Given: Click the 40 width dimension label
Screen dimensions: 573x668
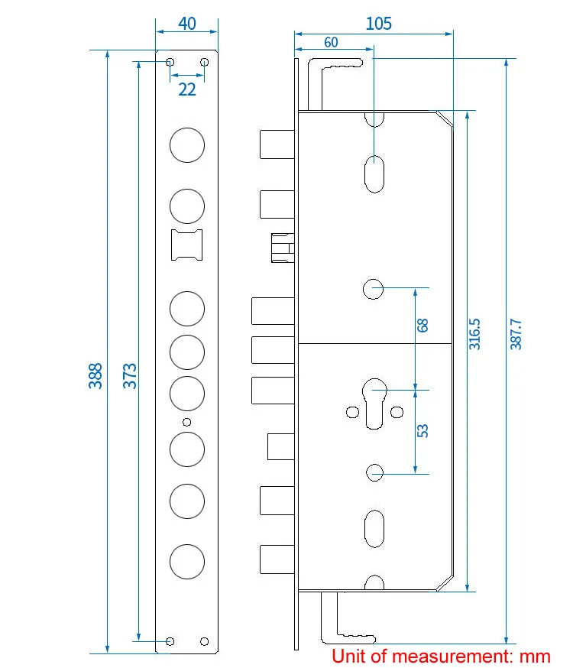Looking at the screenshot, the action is pos(187,23).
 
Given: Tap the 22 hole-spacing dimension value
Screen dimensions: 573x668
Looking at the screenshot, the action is pos(187,89).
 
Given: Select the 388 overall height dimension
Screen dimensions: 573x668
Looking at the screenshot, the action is pos(95,375).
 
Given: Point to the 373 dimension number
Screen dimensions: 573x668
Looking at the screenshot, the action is pos(130,375).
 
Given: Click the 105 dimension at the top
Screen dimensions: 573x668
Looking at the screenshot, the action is pos(378,24).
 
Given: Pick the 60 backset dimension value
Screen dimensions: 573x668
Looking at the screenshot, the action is pos(330,43).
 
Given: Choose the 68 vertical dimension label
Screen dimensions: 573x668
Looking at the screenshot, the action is pos(422,325).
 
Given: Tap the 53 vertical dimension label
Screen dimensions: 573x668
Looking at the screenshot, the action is pos(422,430).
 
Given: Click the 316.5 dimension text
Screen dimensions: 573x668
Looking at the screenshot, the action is pos(474,334).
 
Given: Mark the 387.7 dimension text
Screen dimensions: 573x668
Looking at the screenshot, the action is pos(516,334).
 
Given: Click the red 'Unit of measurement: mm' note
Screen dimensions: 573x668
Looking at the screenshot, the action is pos(441,656).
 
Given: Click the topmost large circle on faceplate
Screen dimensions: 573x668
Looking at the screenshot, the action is pos(187,144).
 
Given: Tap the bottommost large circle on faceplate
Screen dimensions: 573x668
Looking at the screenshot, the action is pos(187,561).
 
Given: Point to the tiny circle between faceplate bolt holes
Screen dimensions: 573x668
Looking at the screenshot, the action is pos(187,422).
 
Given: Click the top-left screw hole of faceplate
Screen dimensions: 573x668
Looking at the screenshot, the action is pos(170,62).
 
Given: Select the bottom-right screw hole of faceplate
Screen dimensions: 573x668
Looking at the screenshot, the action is pos(204,640).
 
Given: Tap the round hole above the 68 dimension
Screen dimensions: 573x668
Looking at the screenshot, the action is pos(373,288).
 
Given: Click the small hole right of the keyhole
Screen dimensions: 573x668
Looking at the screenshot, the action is pos(397,413).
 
